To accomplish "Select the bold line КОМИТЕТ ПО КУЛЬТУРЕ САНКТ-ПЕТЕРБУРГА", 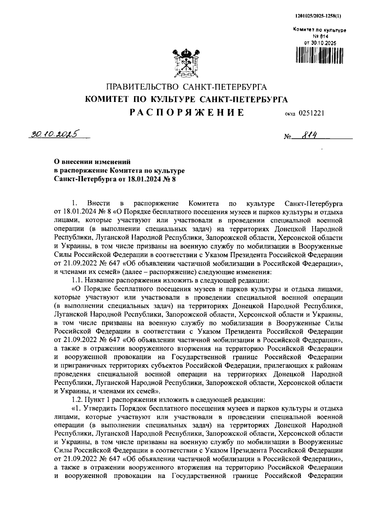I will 186,100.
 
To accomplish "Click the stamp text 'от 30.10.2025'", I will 320,43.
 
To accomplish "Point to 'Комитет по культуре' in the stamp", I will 320,30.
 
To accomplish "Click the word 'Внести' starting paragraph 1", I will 97,204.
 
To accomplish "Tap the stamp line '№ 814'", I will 319,37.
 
